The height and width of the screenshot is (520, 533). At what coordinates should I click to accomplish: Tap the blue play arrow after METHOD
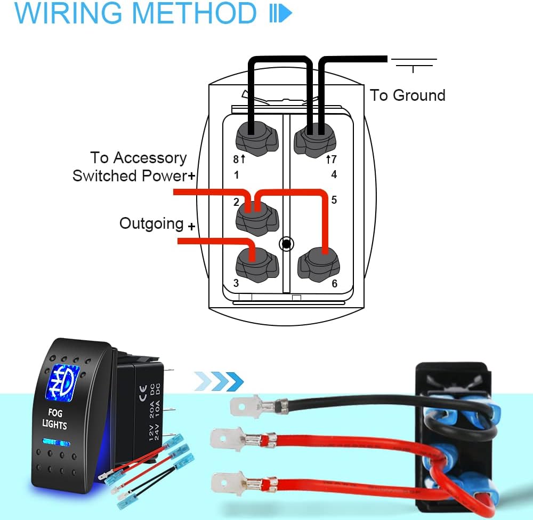(x=281, y=14)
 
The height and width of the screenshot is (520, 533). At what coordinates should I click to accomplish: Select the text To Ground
(x=407, y=95)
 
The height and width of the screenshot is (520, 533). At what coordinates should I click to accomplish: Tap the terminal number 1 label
(x=236, y=175)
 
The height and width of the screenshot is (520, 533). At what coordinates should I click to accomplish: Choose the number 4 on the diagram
(x=334, y=175)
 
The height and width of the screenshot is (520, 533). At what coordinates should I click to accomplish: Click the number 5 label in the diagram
(x=334, y=200)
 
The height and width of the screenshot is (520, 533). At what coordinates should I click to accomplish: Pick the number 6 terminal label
(x=334, y=283)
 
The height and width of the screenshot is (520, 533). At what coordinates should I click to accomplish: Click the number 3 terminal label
(x=236, y=283)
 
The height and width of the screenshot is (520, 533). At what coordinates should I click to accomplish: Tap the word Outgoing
(x=151, y=223)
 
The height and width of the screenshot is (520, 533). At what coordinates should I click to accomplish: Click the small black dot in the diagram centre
(x=286, y=244)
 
